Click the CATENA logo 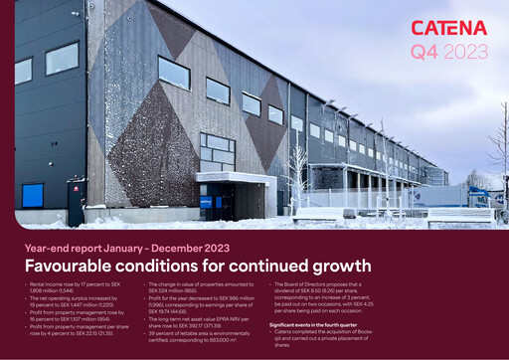pyautogui.click(x=449, y=28)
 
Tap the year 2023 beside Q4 pyautogui.click(x=465, y=49)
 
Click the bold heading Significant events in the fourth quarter pyautogui.click(x=317, y=324)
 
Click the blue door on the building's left pyautogui.click(x=33, y=195)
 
